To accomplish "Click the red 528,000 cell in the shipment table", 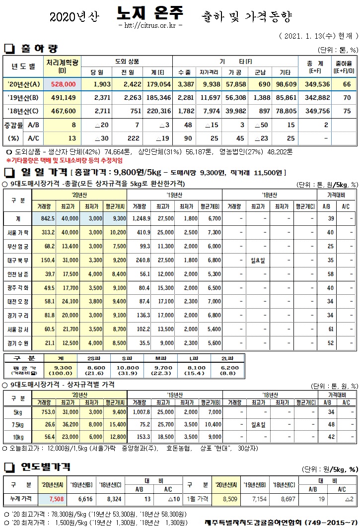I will [x=63, y=84].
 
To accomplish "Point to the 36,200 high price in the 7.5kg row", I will [x=70, y=424].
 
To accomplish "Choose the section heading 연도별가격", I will [x=45, y=467].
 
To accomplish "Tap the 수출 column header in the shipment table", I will [x=184, y=72].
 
